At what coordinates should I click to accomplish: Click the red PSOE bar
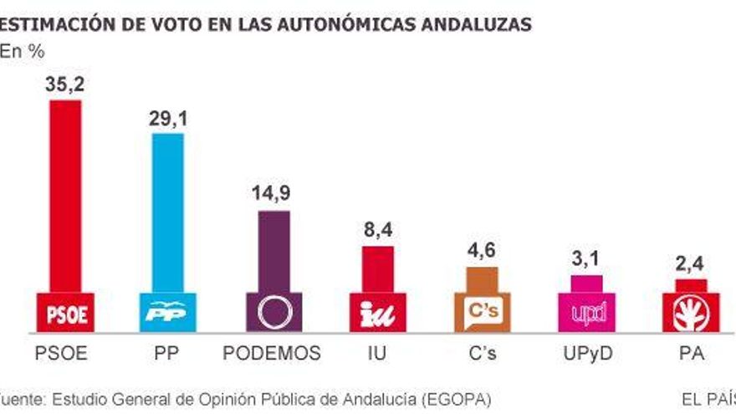coord(65,197)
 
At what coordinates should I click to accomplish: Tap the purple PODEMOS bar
coord(273,251)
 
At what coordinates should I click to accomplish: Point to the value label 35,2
coord(65,84)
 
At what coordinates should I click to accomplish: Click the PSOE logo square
coord(65,313)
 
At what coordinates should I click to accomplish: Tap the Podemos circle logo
coord(273,313)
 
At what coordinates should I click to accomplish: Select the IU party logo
coord(376,313)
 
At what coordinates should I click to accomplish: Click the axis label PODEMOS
coord(273,354)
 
